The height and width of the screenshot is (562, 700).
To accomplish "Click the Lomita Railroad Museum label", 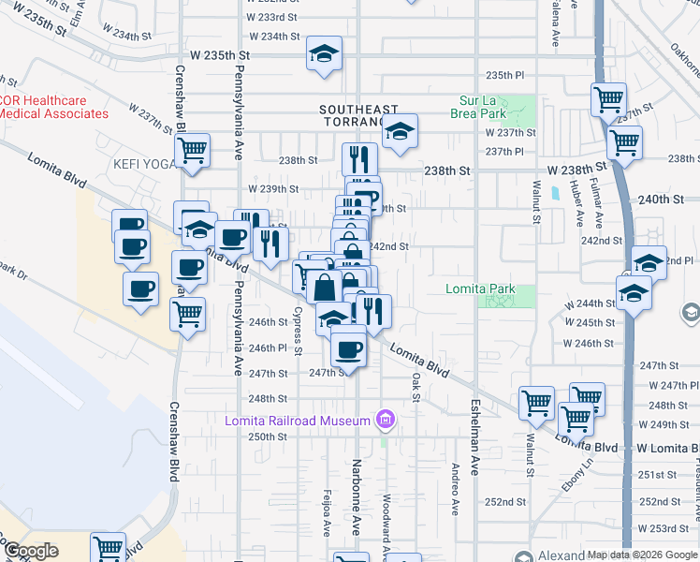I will [x=298, y=421].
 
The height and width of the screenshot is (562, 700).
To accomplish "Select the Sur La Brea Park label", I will [x=483, y=107].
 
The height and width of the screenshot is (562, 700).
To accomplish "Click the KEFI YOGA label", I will [x=144, y=164].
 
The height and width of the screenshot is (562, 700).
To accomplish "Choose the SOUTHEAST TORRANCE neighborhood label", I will [x=358, y=116].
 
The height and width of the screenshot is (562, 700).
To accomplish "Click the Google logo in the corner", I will [x=32, y=551].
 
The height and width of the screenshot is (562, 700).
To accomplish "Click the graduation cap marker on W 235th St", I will [x=324, y=55].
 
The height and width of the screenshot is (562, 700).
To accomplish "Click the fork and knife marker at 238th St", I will [x=359, y=160].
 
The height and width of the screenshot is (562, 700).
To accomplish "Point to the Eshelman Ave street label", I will [x=474, y=436].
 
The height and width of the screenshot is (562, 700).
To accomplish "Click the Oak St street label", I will [x=416, y=386].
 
